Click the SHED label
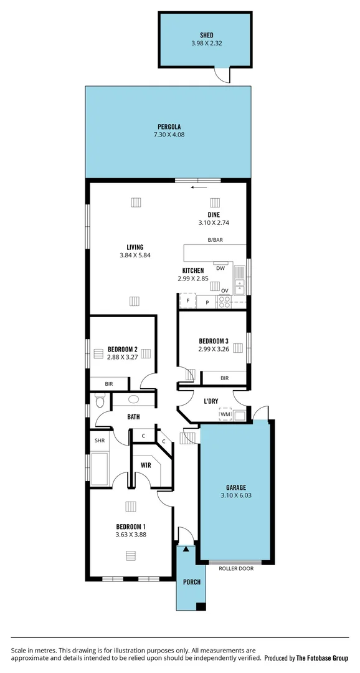(x=206, y=35)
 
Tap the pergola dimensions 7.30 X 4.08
(x=169, y=135)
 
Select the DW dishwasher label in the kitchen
(x=220, y=268)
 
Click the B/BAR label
(x=216, y=240)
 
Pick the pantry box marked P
(x=207, y=302)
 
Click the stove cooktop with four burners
(x=224, y=302)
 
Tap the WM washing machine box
(x=225, y=414)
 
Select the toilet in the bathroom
(x=99, y=401)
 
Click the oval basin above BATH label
(x=133, y=400)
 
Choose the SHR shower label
(x=98, y=440)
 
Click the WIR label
(x=146, y=465)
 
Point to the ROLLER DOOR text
(x=236, y=568)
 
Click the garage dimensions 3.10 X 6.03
(x=236, y=495)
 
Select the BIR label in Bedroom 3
(x=224, y=378)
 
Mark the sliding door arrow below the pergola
(x=199, y=186)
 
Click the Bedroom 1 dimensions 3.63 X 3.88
(x=131, y=534)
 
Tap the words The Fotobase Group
(x=322, y=658)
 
